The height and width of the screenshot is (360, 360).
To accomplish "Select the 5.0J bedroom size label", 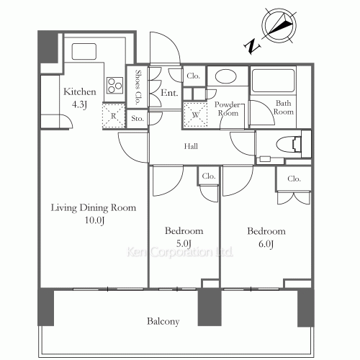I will [184, 243].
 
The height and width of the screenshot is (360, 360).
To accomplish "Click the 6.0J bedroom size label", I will [266, 243].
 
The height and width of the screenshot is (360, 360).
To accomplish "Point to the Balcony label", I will [164, 321].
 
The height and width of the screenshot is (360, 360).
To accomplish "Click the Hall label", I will [192, 147].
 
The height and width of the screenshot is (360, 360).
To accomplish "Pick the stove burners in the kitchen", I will [114, 85].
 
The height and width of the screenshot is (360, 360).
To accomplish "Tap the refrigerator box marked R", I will [113, 114].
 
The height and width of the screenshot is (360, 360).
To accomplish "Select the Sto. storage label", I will [138, 120].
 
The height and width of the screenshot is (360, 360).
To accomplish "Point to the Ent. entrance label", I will [169, 92].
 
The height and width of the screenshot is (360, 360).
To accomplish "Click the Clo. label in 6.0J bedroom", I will [294, 179].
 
